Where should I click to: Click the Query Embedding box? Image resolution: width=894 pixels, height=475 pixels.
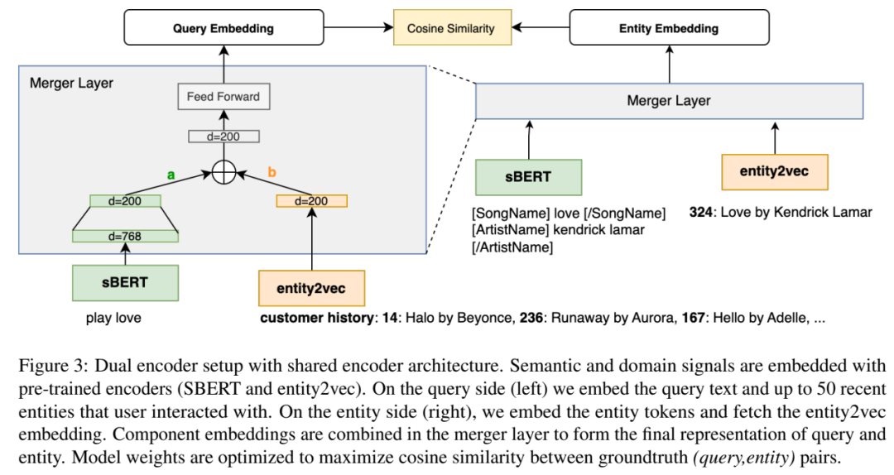pos(223,28)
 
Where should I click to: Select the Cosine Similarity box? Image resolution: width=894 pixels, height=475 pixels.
pos(450,28)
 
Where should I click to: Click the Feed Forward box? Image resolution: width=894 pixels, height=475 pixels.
pos(223,97)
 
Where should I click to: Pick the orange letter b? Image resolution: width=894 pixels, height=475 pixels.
pos(271,171)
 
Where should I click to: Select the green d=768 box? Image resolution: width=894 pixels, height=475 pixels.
pos(125,236)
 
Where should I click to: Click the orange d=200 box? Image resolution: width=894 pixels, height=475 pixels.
pos(311,200)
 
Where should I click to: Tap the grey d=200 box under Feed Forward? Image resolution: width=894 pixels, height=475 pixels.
pos(223,137)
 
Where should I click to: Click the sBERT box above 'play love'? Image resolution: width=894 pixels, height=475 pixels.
pos(125,283)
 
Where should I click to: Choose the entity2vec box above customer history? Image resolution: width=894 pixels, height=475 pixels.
pos(311,288)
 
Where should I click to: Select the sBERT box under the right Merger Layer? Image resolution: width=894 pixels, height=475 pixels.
pos(529,176)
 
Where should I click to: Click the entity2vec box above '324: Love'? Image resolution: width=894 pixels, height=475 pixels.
pos(775,171)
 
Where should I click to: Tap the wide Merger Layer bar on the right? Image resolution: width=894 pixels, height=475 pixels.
pos(669,101)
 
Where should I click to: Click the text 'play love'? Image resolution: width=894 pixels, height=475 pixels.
pos(113,318)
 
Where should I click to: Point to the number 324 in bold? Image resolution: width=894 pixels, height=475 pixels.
pos(700,212)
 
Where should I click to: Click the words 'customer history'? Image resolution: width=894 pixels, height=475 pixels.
pos(315,318)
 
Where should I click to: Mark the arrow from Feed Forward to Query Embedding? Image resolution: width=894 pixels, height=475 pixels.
pos(223,65)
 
